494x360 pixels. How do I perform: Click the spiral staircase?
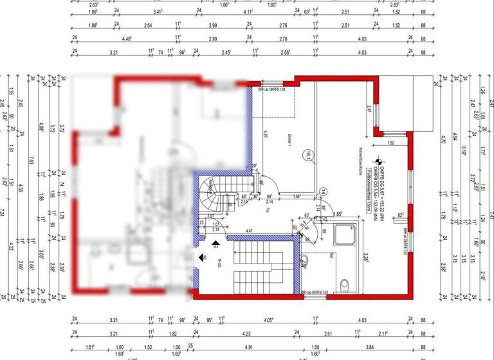210,189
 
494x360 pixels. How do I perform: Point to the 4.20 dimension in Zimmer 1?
265,136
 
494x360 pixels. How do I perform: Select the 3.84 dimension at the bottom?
370,346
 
